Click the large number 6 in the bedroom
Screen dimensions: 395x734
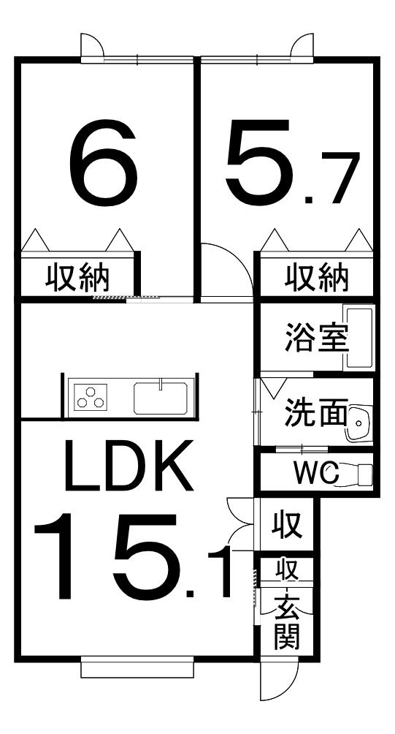[103, 162]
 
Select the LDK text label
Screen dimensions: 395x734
[129, 465]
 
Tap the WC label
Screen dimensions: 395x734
[316, 473]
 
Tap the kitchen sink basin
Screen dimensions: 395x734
[161, 398]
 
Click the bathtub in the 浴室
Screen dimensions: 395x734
[358, 337]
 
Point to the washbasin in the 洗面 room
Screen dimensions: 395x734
[358, 423]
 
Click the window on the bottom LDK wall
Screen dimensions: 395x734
[137, 667]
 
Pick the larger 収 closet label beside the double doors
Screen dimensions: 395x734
[286, 525]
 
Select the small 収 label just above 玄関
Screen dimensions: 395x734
[286, 570]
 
